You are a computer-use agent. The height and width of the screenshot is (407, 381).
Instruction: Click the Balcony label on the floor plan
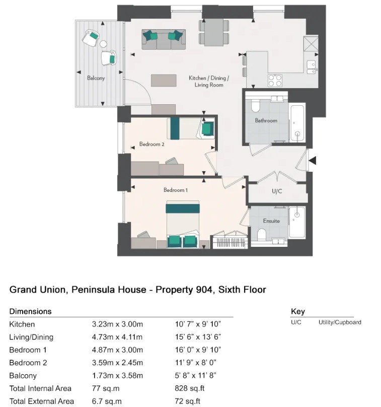(x=96, y=78)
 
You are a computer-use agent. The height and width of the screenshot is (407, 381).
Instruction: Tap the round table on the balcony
(x=103, y=44)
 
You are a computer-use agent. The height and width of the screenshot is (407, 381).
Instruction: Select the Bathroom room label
(x=266, y=120)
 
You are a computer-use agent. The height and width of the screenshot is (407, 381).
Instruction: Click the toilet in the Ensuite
(x=262, y=234)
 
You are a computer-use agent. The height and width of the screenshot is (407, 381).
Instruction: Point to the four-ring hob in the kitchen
(x=275, y=80)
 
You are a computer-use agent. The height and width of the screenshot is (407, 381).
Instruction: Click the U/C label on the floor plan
(x=277, y=191)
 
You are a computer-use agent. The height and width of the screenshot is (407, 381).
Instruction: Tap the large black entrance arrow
(x=312, y=160)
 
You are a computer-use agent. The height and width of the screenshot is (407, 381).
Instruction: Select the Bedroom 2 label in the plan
(x=151, y=144)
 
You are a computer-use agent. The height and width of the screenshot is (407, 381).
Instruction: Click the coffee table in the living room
(x=164, y=81)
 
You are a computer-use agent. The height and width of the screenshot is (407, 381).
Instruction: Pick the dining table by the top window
(x=214, y=32)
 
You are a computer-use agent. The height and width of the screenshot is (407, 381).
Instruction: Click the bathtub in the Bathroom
(x=297, y=122)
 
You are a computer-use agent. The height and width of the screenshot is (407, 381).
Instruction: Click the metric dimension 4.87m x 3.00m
(x=117, y=350)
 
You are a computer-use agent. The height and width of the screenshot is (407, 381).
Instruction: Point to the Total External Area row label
(x=41, y=401)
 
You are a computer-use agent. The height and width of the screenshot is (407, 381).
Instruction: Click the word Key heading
(x=298, y=311)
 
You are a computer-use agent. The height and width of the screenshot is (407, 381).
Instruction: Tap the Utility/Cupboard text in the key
(x=340, y=322)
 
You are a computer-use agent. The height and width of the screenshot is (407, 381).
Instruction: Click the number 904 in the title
(x=204, y=290)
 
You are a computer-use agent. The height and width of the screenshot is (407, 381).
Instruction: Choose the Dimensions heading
(x=30, y=311)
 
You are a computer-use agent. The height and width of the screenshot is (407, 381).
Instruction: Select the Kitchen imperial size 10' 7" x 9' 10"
(x=198, y=324)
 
